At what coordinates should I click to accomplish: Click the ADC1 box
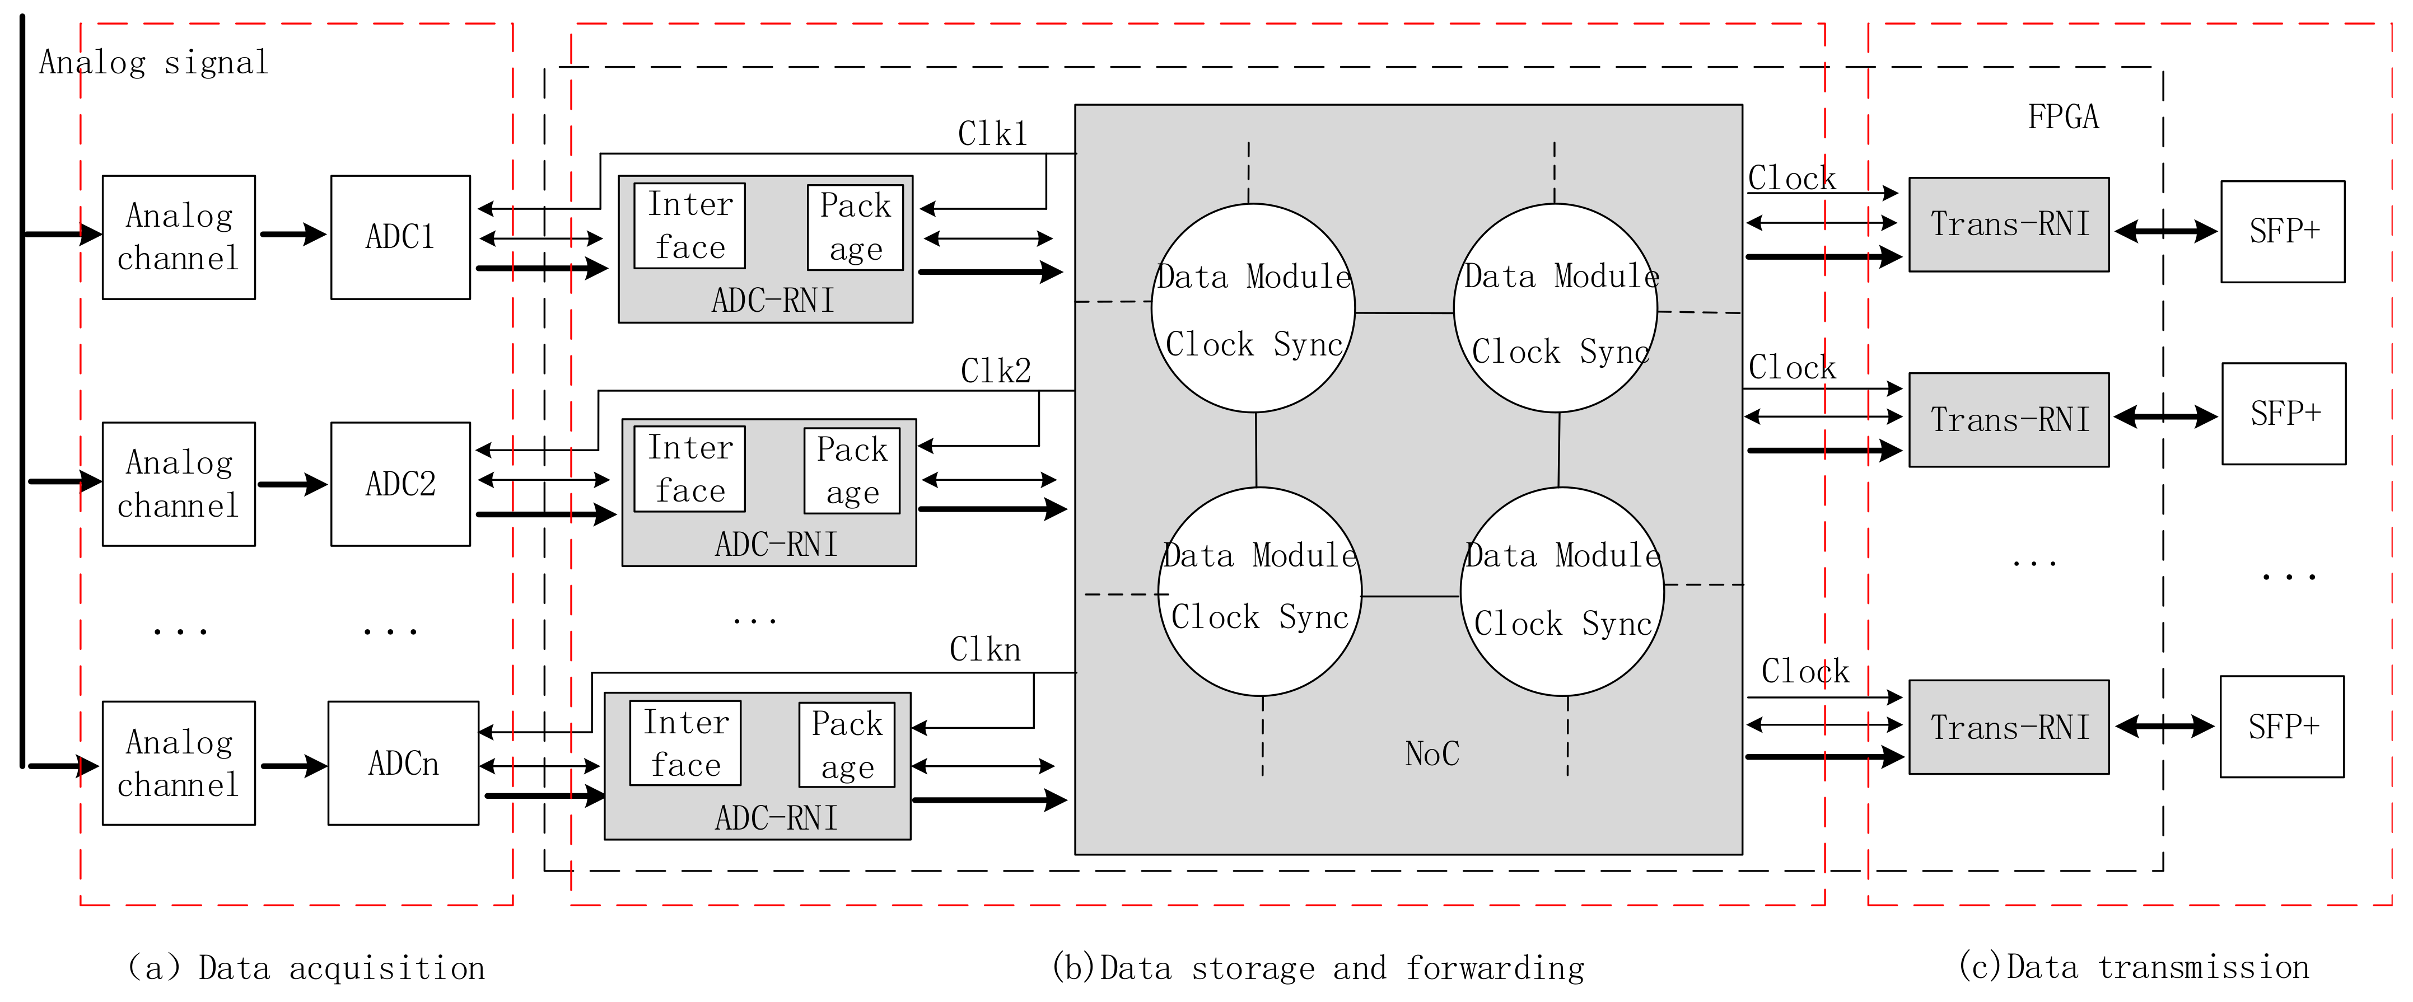[400, 237]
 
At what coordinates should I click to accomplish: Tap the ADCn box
[403, 762]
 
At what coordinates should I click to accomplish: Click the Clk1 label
[992, 134]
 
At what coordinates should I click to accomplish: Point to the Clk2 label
[995, 371]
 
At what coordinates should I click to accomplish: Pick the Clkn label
[984, 649]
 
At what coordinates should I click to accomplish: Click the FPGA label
[2062, 117]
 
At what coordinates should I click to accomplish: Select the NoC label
[1431, 753]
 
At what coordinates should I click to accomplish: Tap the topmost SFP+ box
[2283, 231]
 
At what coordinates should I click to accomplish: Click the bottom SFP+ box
[2282, 727]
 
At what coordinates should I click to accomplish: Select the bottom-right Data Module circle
[1561, 591]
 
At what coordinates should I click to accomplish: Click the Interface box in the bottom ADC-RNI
[685, 743]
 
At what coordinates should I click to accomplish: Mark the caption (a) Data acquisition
[306, 967]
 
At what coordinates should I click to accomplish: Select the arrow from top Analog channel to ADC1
[292, 234]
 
